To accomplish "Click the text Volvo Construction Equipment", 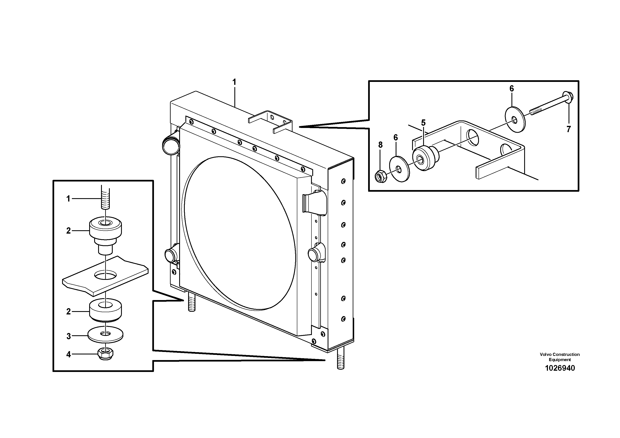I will coord(560,357).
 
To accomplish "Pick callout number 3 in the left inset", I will coord(69,336).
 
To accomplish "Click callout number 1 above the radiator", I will coord(234,82).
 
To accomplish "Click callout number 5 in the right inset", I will coord(423,123).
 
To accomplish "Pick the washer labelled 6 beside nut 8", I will coord(399,169).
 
